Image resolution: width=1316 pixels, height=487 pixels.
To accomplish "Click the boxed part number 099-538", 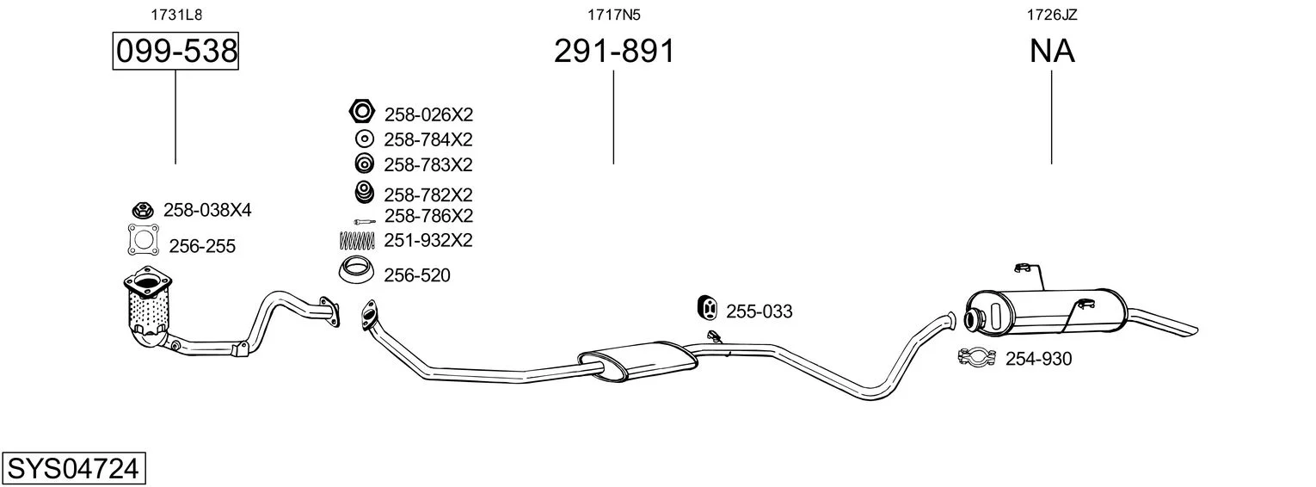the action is point(175,51).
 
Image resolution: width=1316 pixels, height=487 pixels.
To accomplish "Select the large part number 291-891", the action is point(614,51).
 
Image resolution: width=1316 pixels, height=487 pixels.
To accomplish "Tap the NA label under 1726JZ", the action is point(1052,51).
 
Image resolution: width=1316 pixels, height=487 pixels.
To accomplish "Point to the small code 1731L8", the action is point(176,15).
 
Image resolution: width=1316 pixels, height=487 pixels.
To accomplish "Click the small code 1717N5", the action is point(614,15).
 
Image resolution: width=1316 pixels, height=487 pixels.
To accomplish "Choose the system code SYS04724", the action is point(73,469).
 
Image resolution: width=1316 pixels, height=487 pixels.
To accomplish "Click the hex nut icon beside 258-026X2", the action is point(361,111).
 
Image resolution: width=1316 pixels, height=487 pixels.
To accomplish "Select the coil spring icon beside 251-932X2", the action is point(357,240).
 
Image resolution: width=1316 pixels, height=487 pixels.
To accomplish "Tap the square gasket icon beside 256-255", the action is point(144,240).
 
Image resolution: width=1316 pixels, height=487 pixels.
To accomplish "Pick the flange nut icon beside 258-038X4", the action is point(142,209).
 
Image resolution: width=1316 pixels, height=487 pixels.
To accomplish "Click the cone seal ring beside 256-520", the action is point(357,271).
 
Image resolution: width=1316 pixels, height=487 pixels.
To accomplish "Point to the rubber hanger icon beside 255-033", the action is point(707,308).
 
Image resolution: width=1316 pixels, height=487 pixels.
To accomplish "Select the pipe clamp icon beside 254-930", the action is point(976,357).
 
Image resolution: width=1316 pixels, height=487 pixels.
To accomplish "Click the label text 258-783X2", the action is point(428,165).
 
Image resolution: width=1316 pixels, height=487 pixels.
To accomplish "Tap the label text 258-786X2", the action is point(429,216).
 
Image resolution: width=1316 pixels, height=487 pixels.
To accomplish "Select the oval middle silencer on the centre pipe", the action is point(638,361).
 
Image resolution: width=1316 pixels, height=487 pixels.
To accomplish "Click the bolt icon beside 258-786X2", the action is point(364,221).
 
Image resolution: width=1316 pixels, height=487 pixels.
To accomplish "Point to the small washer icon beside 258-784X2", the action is point(364,139).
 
